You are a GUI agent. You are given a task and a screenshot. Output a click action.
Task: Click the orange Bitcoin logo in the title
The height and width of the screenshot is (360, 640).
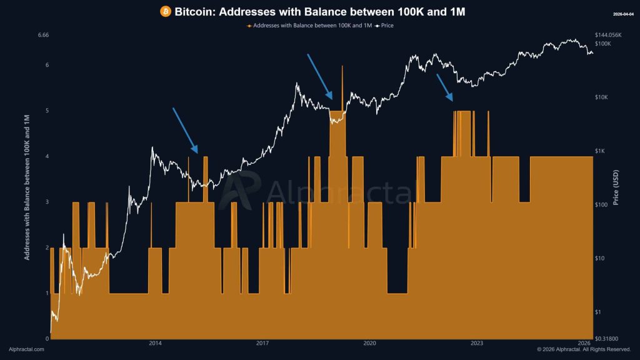click(166, 12)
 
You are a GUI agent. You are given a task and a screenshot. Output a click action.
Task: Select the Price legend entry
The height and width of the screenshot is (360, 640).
click(384, 26)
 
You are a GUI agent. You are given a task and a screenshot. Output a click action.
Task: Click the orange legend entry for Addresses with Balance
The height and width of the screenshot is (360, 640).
click(309, 26)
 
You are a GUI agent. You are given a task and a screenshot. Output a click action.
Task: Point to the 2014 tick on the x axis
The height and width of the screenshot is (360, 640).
click(156, 343)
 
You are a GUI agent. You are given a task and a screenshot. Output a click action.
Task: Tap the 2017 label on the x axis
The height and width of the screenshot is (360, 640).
click(262, 343)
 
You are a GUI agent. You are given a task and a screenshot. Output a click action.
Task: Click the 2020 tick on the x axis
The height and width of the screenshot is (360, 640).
click(369, 343)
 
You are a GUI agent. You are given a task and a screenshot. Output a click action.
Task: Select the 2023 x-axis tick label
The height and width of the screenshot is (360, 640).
click(476, 343)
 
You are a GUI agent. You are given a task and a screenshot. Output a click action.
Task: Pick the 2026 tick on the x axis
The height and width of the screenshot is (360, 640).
click(584, 343)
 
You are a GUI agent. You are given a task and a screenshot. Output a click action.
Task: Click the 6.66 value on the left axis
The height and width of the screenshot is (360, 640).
click(43, 36)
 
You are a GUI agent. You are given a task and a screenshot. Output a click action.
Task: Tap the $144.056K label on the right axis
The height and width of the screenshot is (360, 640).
click(611, 35)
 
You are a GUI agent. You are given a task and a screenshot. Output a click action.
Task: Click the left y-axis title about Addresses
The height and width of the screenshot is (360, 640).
click(27, 187)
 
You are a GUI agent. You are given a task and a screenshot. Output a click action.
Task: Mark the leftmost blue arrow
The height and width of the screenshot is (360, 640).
click(185, 130)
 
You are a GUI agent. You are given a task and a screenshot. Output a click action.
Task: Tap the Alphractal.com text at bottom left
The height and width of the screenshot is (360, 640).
click(26, 349)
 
